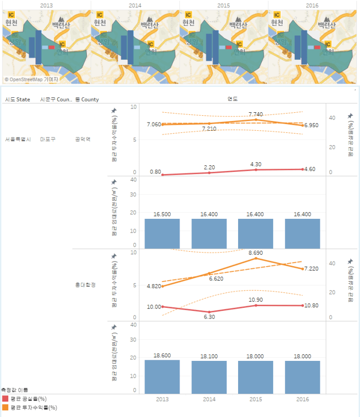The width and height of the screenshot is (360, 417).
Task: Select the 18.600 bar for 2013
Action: click(162, 376)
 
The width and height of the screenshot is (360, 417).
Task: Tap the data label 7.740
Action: click(256, 114)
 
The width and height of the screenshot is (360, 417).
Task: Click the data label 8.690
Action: click(256, 253)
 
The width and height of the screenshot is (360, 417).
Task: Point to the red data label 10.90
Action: click(256, 300)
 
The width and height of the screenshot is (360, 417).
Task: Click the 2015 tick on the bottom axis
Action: click(256, 399)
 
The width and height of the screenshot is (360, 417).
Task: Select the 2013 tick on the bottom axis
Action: click(162, 399)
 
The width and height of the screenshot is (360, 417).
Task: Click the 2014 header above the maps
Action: click(135, 5)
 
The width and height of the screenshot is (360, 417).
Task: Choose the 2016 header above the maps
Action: click(312, 5)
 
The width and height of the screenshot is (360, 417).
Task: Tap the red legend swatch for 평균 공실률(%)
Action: click(5, 399)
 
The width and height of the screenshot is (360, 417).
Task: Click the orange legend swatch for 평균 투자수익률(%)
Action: click(5, 407)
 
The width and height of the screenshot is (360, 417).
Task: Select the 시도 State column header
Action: click(17, 99)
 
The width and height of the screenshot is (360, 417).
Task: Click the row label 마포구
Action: click(48, 140)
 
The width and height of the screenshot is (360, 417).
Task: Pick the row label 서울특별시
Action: click(18, 140)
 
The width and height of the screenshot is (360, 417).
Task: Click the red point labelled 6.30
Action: click(209, 312)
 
